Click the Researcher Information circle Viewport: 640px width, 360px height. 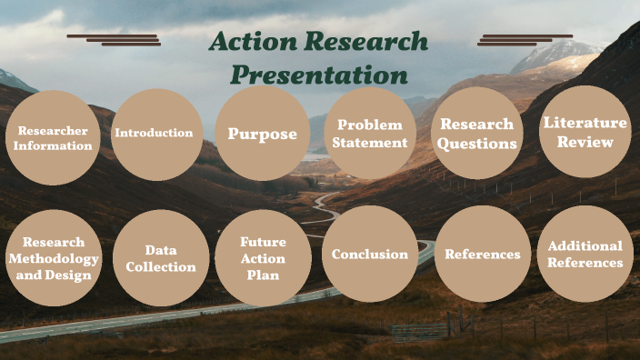(53, 137)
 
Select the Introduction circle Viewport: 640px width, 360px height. (155, 134)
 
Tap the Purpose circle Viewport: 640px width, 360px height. (263, 134)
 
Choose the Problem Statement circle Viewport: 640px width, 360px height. (370, 133)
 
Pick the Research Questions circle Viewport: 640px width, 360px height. (477, 133)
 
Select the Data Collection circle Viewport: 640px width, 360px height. (161, 258)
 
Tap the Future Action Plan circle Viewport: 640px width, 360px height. (264, 257)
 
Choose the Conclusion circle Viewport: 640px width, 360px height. (370, 255)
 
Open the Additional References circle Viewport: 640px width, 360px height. (585, 254)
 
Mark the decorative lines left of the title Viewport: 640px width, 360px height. (114, 39)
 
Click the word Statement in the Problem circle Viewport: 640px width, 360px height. (370, 142)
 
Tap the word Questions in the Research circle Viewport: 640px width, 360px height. (477, 143)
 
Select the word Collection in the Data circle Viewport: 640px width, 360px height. (161, 267)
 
